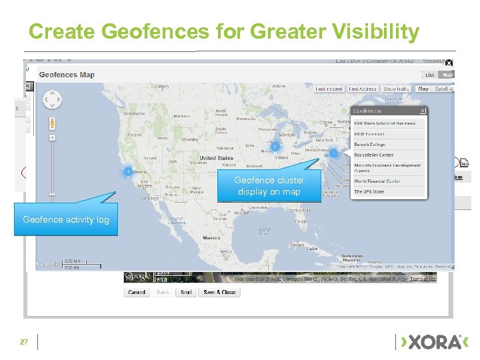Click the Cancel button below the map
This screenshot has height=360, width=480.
137,292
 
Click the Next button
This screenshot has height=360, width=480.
186,292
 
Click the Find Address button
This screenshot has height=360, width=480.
363,89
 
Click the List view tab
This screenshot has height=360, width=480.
430,75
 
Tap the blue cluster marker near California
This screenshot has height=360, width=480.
127,172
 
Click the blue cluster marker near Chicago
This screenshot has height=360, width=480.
274,147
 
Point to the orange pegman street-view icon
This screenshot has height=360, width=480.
52,123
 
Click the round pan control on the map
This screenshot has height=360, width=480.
52,99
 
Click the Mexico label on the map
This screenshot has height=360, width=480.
211,238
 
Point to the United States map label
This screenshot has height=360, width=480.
217,159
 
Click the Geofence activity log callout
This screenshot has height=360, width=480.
66,219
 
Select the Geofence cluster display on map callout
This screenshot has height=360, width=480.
269,186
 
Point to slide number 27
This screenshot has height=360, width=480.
24,342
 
